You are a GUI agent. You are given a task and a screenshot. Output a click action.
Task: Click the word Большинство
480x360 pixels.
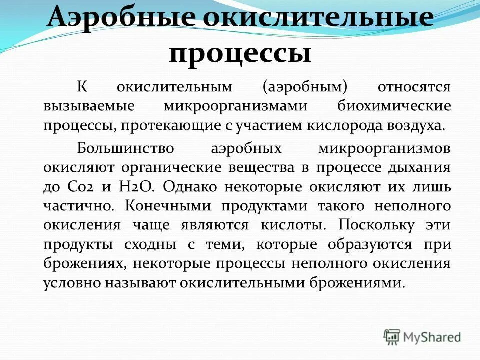[x=118, y=149]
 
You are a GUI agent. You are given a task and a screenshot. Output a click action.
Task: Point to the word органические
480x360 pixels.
[x=175, y=168]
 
